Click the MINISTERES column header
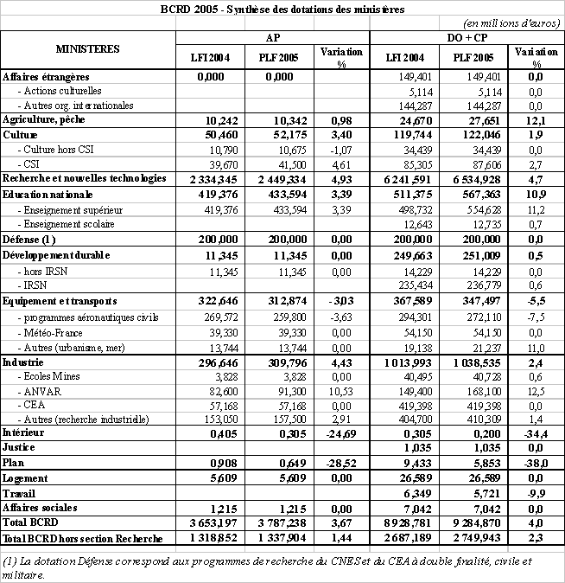click(88, 50)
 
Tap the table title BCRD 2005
click(282, 9)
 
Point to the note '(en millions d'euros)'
click(511, 23)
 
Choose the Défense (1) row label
click(30, 239)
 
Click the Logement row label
click(24, 478)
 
